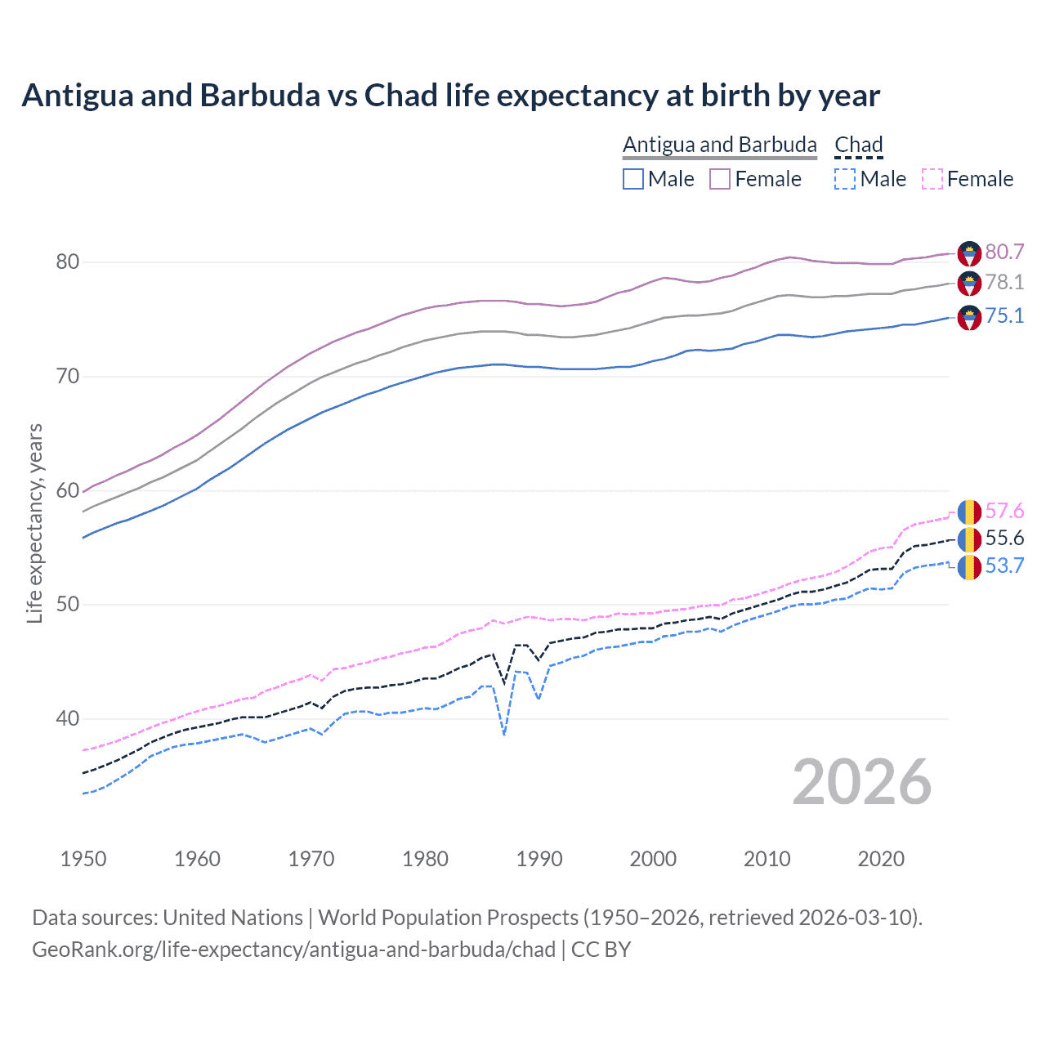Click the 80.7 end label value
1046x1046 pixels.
coord(1004,252)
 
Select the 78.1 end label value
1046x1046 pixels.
coord(1004,283)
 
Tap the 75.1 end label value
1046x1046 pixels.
coord(1004,316)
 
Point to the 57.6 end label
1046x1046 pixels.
coord(1004,512)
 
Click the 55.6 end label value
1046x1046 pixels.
coord(1004,539)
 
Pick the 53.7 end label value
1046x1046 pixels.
coord(1004,566)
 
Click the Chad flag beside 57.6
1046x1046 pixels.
coord(969,512)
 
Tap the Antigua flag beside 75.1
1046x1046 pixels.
coord(969,317)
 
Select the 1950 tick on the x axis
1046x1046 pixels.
coord(83,859)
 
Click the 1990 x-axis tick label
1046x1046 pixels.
coord(539,859)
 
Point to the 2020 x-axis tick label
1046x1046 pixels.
coord(881,859)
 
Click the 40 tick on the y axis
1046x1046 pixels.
coord(68,719)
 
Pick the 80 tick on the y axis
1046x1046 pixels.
coord(68,262)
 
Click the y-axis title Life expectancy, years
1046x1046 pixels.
coord(34,523)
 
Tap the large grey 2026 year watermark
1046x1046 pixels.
coord(862,782)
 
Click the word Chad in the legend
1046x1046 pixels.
coord(859,145)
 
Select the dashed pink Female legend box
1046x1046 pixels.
coord(932,179)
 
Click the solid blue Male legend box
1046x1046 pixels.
coord(633,179)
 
